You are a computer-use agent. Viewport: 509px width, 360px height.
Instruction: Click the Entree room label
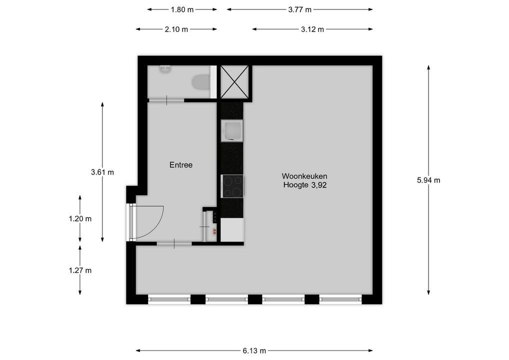coord(180,165)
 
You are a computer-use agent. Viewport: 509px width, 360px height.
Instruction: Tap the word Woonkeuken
coord(304,176)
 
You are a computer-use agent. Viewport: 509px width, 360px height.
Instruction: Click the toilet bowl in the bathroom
coord(201,82)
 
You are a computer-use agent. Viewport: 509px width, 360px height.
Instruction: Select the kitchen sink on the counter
coord(231,131)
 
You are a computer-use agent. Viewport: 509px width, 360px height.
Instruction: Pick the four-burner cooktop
coord(232,186)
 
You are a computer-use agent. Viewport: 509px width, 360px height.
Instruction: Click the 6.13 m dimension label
coord(254,350)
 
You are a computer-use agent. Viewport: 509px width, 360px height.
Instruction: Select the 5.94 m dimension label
coord(428,180)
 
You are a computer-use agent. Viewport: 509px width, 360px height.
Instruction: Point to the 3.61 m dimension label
coord(102,172)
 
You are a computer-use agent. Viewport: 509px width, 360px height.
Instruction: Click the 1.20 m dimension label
coord(80,218)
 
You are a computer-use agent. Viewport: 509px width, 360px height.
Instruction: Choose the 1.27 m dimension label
coord(80,270)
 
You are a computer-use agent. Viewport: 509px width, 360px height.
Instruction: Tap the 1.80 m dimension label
coord(182,9)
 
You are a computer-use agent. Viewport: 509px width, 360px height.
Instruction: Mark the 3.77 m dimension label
coord(300,9)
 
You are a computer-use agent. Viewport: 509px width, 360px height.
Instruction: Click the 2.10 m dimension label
coord(176,29)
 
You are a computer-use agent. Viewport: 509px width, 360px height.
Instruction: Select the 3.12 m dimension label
coord(312,29)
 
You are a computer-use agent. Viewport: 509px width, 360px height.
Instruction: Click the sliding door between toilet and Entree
coord(166,100)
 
